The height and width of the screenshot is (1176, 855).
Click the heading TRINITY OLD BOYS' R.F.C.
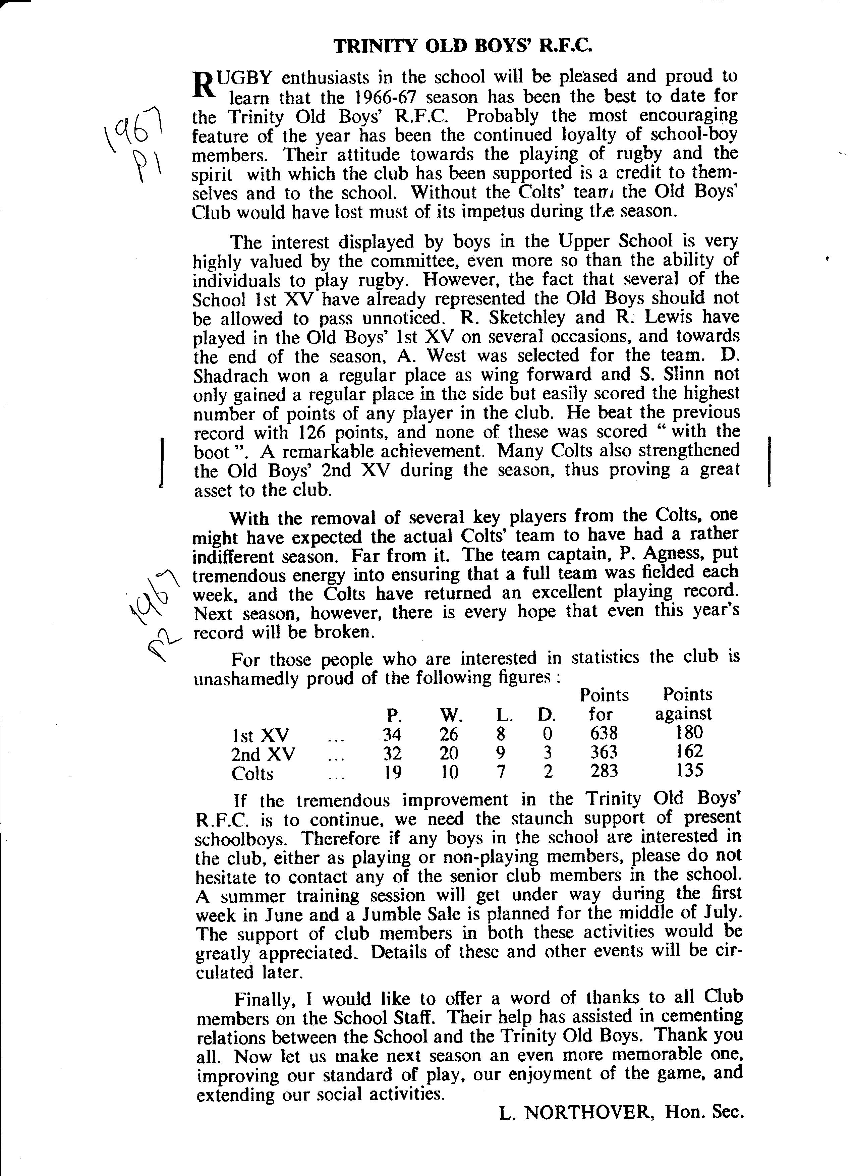tap(463, 47)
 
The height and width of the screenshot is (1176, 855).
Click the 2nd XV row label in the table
tap(264, 752)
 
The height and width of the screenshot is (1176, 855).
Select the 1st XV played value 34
tap(392, 734)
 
